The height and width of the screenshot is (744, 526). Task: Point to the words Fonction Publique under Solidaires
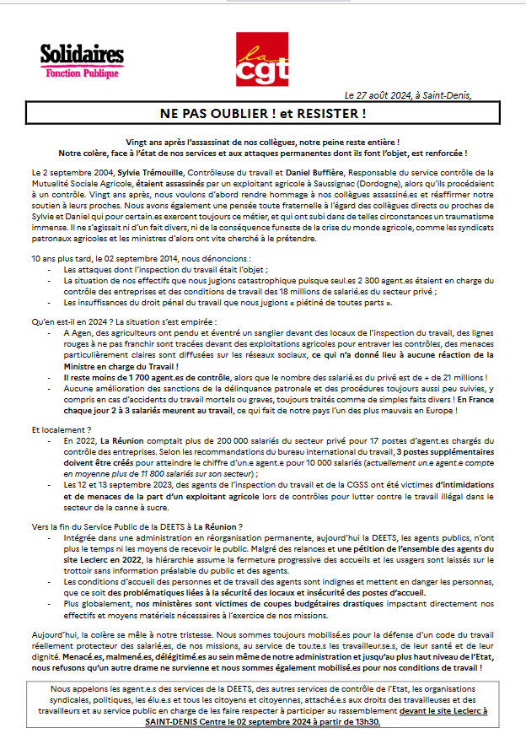tap(84, 73)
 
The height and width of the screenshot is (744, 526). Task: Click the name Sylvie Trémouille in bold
tap(150, 171)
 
